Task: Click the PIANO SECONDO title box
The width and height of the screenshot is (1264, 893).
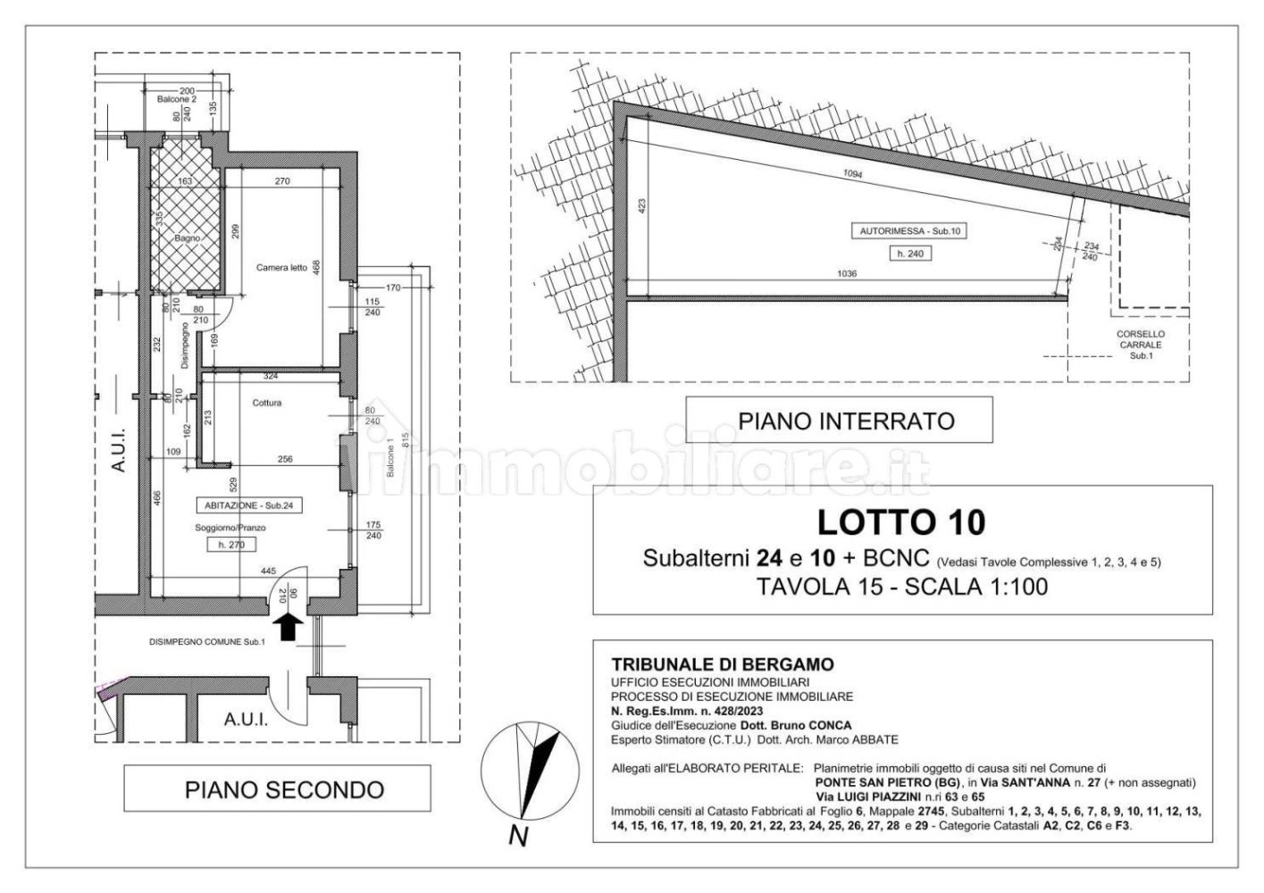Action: [x=284, y=789]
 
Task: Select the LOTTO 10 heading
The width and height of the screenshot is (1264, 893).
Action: [x=901, y=521]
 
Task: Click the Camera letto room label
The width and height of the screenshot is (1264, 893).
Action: [x=281, y=268]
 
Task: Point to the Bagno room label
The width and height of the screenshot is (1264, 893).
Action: [x=187, y=239]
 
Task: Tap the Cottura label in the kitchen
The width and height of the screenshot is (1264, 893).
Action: [x=266, y=403]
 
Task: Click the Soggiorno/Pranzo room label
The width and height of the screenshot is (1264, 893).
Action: [x=230, y=528]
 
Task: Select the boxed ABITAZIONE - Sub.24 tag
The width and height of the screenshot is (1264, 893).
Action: [x=248, y=505]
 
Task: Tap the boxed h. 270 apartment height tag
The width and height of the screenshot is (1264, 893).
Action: [x=230, y=545]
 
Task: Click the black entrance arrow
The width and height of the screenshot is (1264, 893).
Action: [x=287, y=627]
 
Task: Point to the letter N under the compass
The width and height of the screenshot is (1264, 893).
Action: [x=517, y=837]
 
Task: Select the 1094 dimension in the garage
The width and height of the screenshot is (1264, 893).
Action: [x=852, y=174]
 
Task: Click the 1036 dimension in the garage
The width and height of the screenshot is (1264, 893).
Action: [x=846, y=274]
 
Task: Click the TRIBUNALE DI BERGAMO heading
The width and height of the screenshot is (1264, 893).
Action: [x=722, y=664]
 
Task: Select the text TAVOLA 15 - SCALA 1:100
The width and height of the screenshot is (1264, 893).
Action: [x=901, y=587]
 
